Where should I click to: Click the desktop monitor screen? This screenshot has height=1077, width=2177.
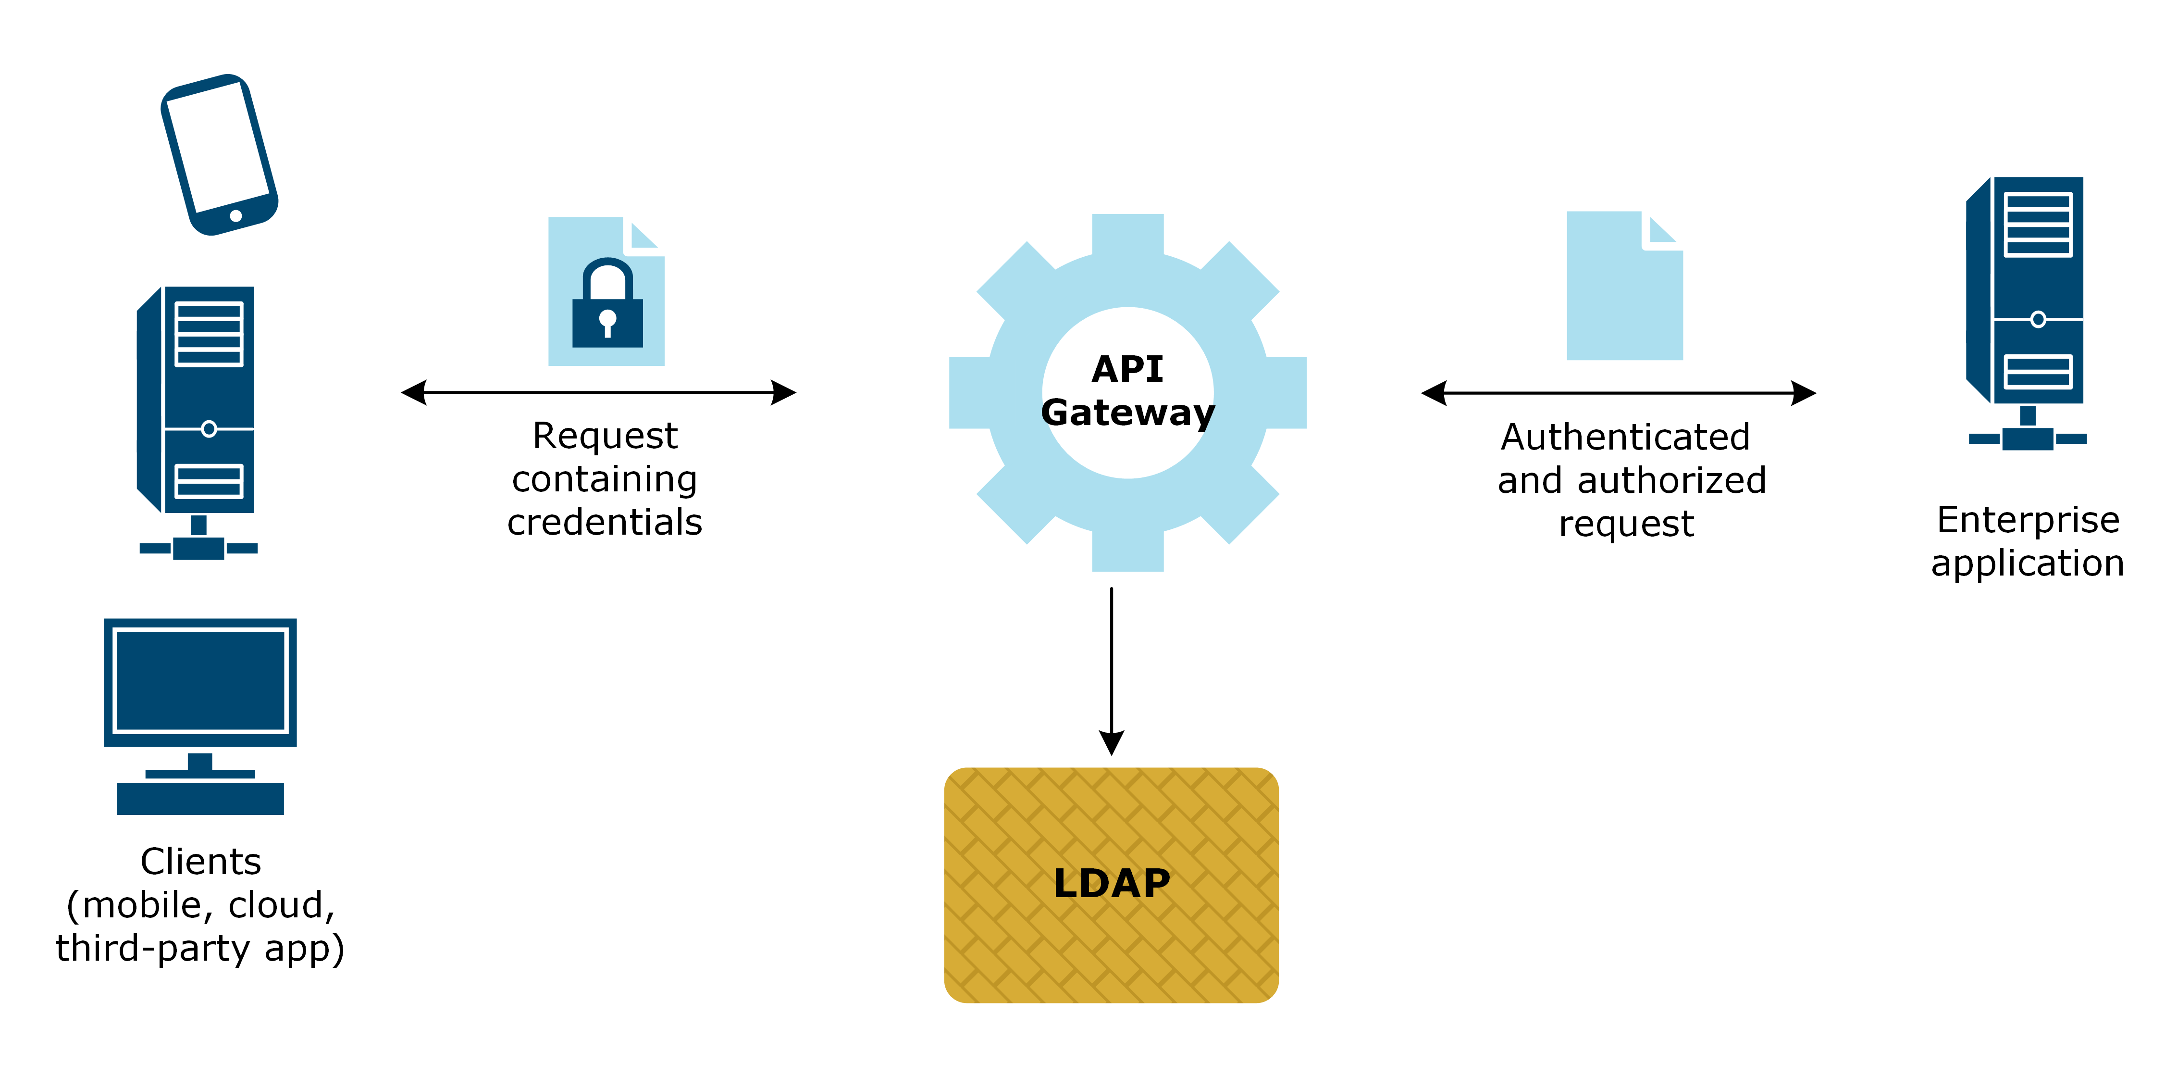tap(200, 680)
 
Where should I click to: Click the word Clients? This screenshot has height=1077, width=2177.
tap(200, 862)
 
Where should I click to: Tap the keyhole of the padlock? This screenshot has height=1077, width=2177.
tap(607, 321)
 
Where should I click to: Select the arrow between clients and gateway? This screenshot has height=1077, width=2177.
tap(598, 392)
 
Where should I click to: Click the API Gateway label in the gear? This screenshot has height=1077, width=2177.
tap(1127, 390)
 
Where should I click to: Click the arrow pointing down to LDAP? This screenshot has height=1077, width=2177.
tap(1111, 668)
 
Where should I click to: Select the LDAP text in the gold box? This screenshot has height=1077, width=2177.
tap(1111, 883)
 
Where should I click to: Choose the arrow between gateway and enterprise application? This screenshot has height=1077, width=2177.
tap(1619, 393)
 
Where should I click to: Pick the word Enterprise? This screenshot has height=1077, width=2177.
tap(2028, 520)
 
